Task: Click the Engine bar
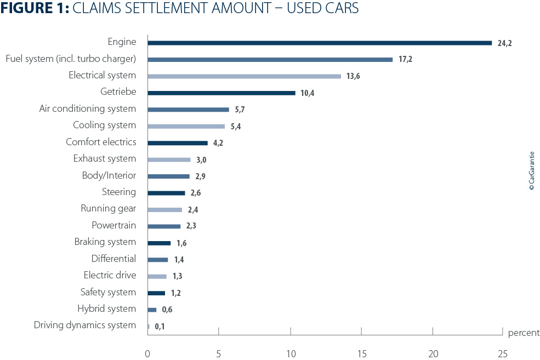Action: (x=320, y=43)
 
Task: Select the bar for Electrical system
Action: (x=244, y=76)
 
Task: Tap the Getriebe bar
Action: (x=221, y=93)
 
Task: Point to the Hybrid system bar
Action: (x=152, y=310)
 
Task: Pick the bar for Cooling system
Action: (x=186, y=126)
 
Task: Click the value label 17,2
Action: (x=405, y=59)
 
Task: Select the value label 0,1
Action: (x=160, y=327)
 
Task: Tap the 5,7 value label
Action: (x=240, y=110)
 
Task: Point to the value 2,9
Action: (x=200, y=176)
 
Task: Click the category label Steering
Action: (x=119, y=192)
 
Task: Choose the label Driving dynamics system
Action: (x=85, y=325)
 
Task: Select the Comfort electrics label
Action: (x=101, y=142)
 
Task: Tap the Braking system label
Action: (x=105, y=242)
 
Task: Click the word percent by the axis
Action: (x=524, y=333)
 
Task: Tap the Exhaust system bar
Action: (x=169, y=159)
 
